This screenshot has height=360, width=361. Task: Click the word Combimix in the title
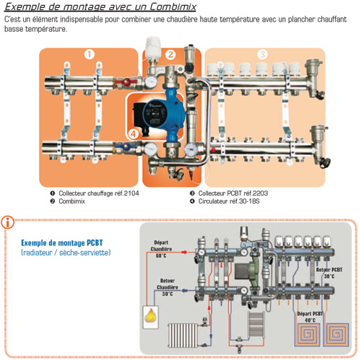[173, 6]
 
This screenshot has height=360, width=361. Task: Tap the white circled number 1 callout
[90, 54]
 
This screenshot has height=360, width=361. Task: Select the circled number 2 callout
[170, 55]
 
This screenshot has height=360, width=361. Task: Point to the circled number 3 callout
[263, 54]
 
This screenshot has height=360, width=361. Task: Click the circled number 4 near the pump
[134, 134]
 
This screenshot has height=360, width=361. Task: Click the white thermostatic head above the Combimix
[153, 48]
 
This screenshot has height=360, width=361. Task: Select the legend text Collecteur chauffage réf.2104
[99, 193]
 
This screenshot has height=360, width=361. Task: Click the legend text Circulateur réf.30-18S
[229, 201]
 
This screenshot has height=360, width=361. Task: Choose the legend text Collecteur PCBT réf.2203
[233, 193]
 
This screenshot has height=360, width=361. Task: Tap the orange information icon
[8, 222]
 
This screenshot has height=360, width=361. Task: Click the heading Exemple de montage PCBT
[62, 242]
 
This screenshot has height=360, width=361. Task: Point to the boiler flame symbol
[151, 315]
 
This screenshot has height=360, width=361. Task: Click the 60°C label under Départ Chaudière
[161, 255]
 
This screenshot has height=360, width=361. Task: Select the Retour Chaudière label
[168, 284]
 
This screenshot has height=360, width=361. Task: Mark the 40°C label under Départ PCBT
[310, 320]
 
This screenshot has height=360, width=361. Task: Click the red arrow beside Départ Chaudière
[184, 252]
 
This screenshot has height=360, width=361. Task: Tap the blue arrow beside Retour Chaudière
[185, 291]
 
